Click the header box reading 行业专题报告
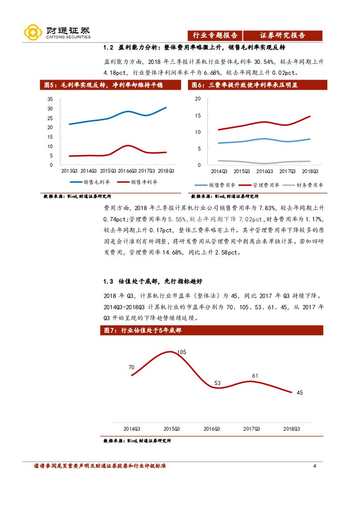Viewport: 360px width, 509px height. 215,36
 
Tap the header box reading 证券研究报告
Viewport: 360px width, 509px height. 283,36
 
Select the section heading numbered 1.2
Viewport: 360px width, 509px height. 194,47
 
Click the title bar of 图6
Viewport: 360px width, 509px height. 257,85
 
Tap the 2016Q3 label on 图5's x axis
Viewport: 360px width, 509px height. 126,171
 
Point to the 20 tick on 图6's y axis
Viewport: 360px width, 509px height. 198,99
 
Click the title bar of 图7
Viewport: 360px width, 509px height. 212,331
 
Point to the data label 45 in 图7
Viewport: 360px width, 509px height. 299,392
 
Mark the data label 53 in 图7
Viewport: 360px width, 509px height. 218,383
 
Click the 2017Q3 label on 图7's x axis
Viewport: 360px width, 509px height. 252,429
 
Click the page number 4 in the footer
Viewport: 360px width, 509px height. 314,466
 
